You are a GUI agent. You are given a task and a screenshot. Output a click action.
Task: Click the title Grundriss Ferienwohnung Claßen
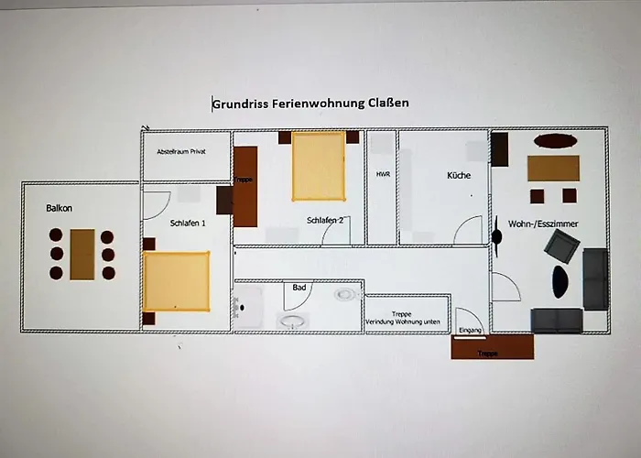point(310,104)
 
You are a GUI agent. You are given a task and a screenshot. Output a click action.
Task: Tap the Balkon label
point(60,209)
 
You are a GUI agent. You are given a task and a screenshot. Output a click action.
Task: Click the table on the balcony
point(82,254)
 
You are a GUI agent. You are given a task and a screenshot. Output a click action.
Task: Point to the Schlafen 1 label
point(188,224)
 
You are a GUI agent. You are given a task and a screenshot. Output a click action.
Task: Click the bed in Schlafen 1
point(176,280)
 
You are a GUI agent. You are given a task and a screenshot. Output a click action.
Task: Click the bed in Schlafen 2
point(319,166)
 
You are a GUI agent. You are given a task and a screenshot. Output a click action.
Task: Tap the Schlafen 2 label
point(325,221)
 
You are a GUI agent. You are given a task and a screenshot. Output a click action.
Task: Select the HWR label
point(383,174)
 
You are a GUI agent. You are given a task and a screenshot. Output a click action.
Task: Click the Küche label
point(459,175)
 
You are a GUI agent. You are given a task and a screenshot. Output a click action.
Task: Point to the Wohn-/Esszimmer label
point(549,224)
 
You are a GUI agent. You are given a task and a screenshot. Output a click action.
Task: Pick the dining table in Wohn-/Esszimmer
point(553,169)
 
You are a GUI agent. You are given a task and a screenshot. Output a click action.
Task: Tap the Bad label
point(299,288)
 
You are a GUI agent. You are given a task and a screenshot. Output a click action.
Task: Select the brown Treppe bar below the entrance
point(492,348)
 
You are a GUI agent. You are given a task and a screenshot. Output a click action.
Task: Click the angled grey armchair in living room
point(560,245)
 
